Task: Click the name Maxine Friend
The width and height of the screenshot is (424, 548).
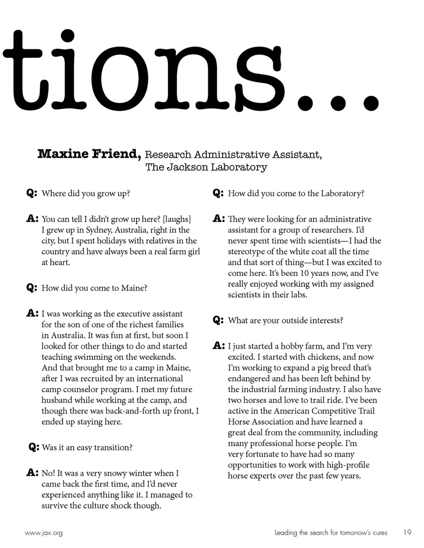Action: [x=89, y=154]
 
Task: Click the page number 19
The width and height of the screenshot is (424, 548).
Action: [x=407, y=533]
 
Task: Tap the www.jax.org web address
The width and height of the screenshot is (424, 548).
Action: [x=44, y=533]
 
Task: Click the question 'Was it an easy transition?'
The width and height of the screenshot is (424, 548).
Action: [x=87, y=447]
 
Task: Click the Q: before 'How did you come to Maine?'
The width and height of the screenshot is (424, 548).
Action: [x=31, y=288]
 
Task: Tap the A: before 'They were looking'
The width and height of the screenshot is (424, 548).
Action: [x=218, y=219]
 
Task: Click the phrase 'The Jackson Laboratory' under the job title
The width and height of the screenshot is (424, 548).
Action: [x=206, y=167]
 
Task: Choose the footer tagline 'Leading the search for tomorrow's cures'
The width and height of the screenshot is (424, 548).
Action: [x=331, y=533]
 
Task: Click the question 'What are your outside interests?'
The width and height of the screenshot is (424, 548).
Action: [x=285, y=320]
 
